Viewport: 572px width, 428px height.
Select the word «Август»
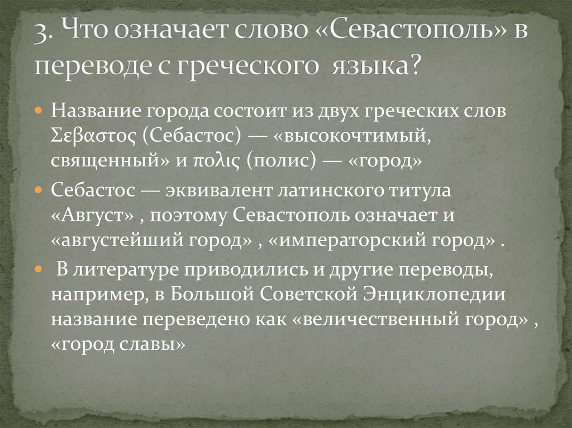[92, 217]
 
